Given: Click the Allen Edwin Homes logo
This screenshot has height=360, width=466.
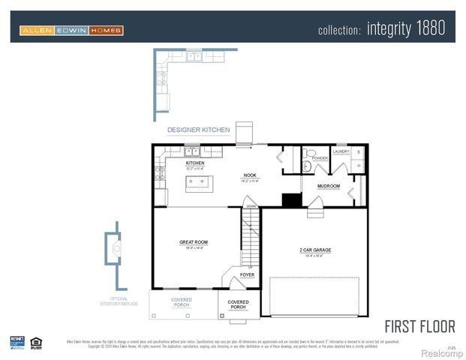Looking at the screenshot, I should [71, 31].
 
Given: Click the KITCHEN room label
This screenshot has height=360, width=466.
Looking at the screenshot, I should [195, 163].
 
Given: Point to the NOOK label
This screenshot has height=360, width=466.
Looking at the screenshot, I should [249, 175].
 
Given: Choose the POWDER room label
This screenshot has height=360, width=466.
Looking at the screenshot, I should [320, 159].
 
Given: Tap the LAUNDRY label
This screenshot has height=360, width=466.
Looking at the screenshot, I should [341, 151].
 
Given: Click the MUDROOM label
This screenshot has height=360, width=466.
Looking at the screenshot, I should [329, 186].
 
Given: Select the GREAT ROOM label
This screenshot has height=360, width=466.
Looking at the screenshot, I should [193, 242].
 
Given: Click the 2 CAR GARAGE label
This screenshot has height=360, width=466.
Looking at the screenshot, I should [315, 250].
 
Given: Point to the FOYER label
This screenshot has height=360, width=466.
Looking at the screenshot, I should [247, 275].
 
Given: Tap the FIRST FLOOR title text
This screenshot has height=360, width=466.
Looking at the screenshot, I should [419, 326].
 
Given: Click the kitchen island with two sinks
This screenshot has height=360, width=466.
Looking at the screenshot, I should [200, 182].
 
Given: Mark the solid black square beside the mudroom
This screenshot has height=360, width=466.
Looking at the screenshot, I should [291, 199].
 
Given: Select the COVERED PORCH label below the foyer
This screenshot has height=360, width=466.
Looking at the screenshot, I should [239, 304].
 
